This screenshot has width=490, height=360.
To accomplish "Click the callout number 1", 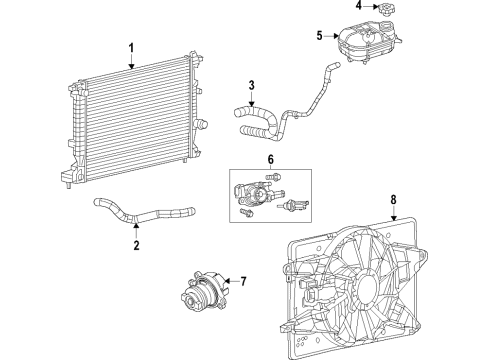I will pos(130,47).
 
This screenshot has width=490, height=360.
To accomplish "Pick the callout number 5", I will pos(319,37).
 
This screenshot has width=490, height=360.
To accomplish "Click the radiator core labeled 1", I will pos(130,120).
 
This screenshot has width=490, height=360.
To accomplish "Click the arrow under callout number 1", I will pos(130,62).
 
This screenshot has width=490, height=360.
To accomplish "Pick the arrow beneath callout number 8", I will pos(394,213).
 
